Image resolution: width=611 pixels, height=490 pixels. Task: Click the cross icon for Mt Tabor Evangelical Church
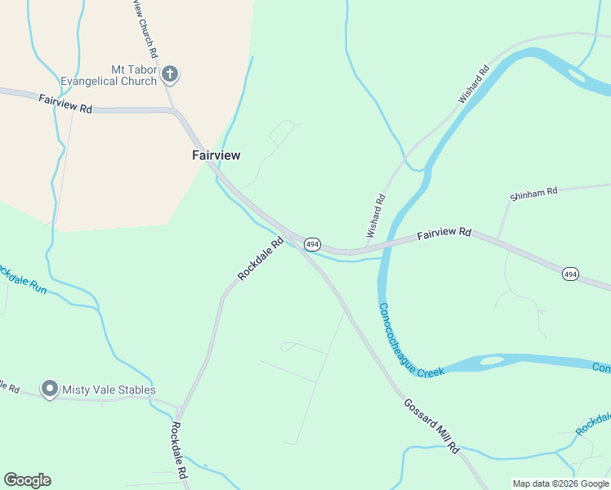[x=170, y=75]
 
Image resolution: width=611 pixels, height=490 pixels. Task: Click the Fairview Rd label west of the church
[x=65, y=103]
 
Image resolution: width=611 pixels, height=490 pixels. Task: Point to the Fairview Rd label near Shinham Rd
[x=444, y=234]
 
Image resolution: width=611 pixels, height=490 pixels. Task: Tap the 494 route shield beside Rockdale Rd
[x=312, y=244]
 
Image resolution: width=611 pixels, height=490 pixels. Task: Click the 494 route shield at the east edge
[x=570, y=274]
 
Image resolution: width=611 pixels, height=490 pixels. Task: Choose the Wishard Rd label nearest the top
[x=473, y=83]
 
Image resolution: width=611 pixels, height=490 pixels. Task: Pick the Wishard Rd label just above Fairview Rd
[x=376, y=216]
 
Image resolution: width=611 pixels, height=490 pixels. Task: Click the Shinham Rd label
[x=533, y=194]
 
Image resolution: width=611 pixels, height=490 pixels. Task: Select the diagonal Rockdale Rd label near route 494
[x=260, y=259]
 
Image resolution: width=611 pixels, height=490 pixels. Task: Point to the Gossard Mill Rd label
[x=431, y=425]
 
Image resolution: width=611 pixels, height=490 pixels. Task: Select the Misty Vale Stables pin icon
[x=49, y=390]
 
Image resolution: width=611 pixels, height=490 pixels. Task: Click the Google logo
[x=27, y=479]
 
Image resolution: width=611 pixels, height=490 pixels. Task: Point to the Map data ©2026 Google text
[x=560, y=483]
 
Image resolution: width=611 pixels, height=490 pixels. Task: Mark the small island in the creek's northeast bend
[x=578, y=75]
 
